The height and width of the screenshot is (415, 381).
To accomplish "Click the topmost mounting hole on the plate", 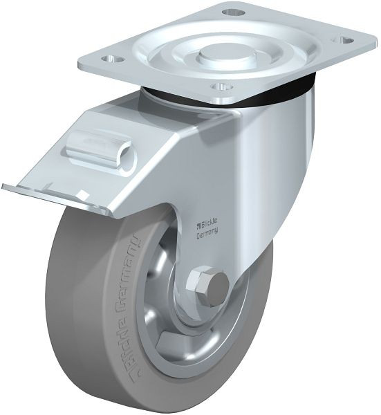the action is point(234,12).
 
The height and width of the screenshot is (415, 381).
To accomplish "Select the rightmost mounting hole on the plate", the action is point(343,40).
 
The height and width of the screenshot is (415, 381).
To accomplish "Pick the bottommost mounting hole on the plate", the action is point(223,87).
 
